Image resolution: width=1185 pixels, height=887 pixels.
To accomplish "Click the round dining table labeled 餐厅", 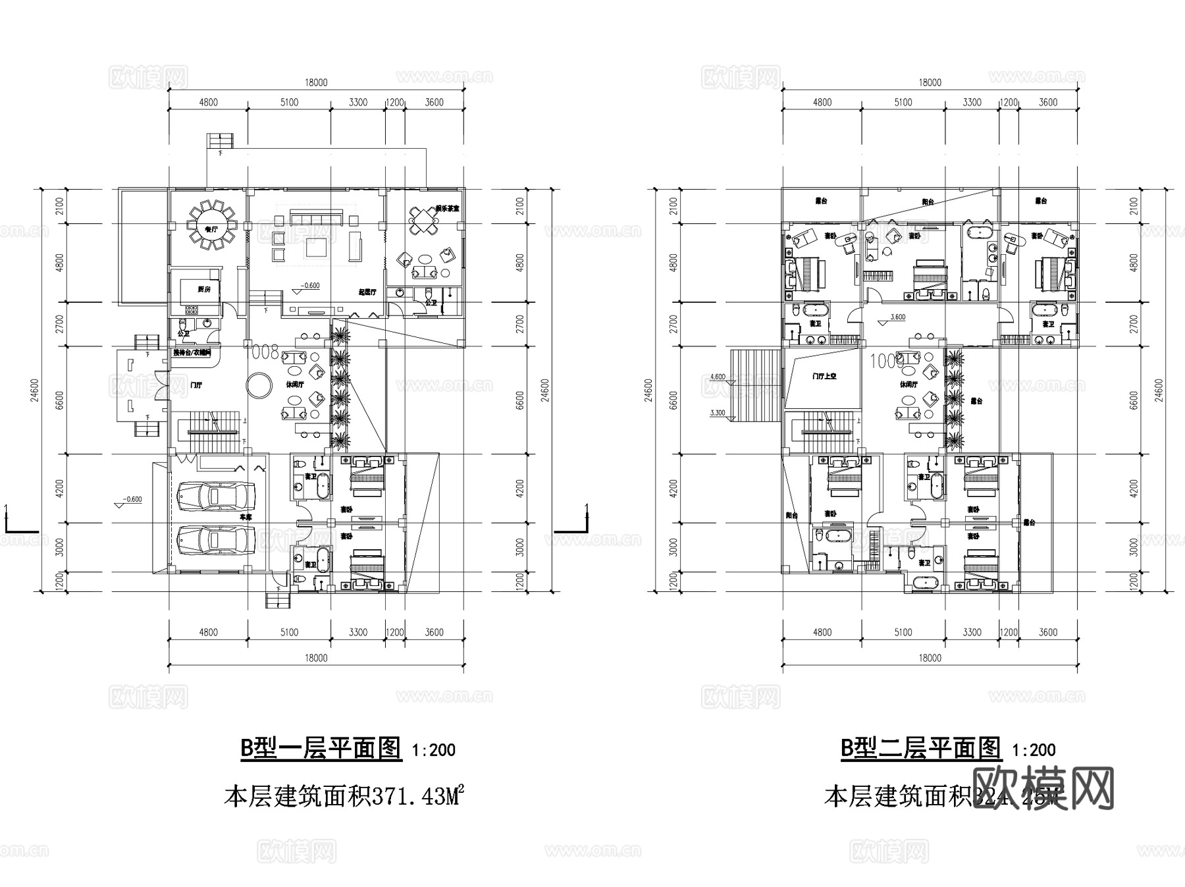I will point(212,225).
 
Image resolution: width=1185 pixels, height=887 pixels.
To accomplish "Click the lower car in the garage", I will point(216,540).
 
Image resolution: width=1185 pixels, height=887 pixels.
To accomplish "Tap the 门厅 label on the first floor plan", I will point(196,385).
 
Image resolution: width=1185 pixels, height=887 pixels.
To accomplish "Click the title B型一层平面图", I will point(321,748).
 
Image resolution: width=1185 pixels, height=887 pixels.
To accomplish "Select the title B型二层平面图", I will point(920,748).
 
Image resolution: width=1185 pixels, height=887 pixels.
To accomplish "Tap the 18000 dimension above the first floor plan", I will point(316,83).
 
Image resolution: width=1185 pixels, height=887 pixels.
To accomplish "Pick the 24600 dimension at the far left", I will point(35,390).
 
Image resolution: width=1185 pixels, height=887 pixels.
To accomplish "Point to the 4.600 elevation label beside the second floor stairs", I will point(718,377).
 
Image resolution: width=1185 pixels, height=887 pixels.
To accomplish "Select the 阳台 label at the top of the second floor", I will point(927,202).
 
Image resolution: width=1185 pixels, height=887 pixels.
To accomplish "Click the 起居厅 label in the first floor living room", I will point(367,292).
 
